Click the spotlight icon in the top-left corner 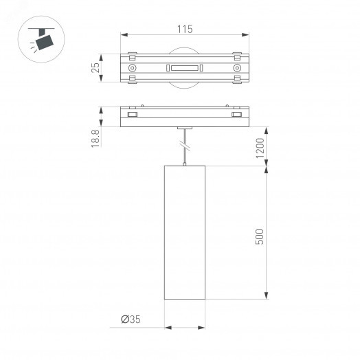coord(42,38)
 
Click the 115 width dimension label coord(184,30)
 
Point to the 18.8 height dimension coord(96,137)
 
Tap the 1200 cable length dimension coord(260,148)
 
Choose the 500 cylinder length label coord(260,236)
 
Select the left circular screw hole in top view coord(132,68)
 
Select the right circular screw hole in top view coord(237,68)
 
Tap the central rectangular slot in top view coord(184,68)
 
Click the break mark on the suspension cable coord(184,145)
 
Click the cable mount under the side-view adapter coord(184,128)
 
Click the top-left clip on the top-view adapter coord(132,55)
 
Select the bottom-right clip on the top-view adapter coord(237,81)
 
